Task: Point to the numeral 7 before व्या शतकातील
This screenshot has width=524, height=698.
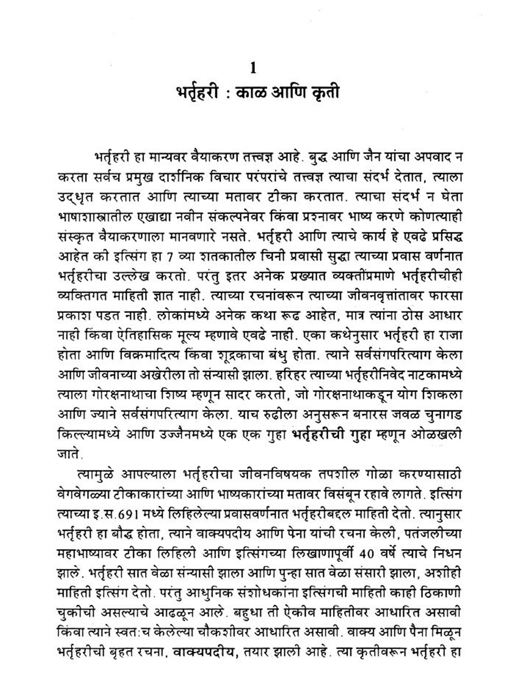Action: click(170, 257)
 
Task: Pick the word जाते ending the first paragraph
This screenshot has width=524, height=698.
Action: click(69, 454)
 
